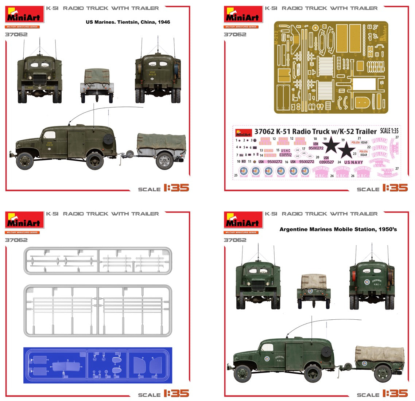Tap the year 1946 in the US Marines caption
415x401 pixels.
click(164, 22)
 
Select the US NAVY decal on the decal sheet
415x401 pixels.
click(353, 162)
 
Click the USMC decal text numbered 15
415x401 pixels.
click(286, 150)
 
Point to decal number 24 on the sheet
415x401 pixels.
click(339, 162)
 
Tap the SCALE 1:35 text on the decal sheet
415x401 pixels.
click(389, 131)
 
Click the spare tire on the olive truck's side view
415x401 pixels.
click(108, 139)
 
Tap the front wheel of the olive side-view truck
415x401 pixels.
click(25, 161)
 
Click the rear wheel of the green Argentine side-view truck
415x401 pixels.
click(313, 373)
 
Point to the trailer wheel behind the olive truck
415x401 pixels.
click(164, 160)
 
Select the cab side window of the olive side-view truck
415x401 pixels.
click(49, 135)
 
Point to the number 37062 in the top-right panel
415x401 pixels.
click(235, 35)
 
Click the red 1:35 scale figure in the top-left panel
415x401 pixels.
click(176, 188)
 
